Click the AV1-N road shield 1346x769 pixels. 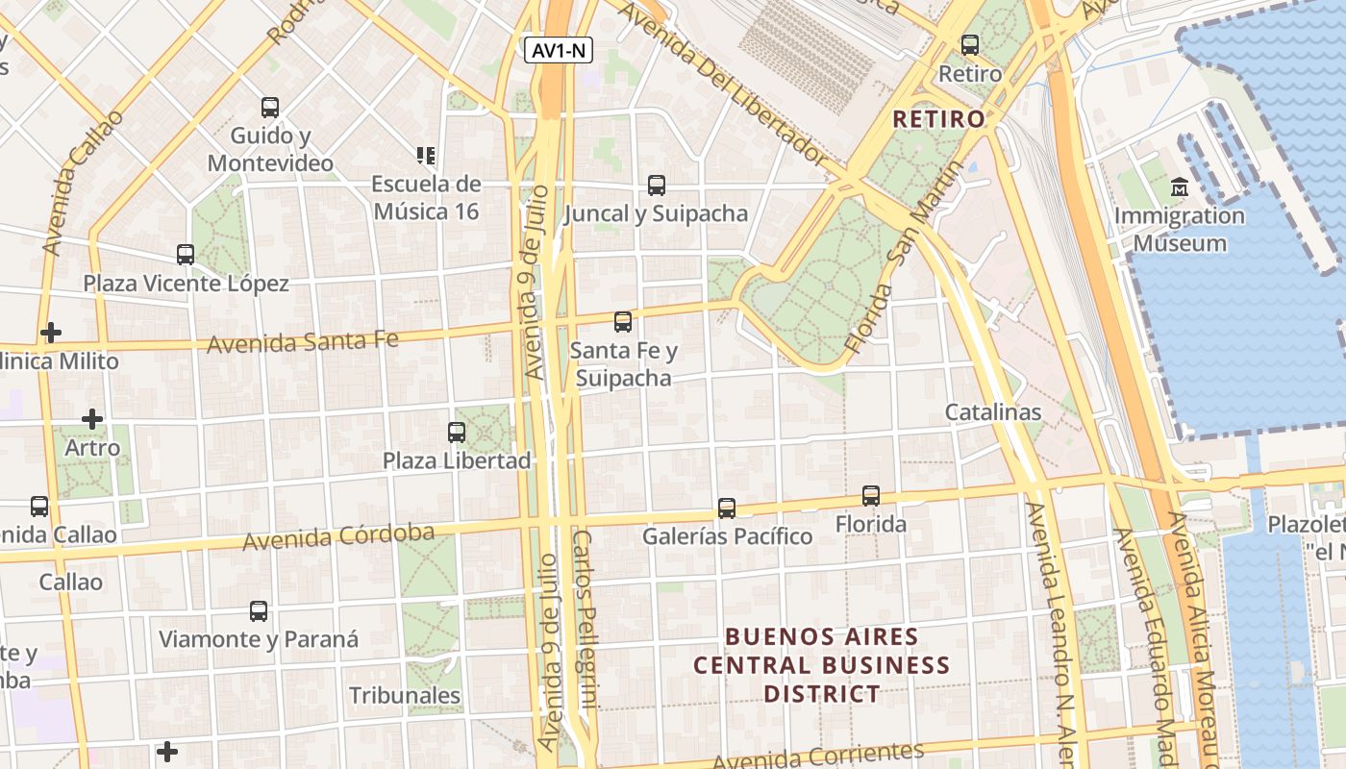click(559, 51)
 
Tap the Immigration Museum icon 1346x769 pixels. click(1180, 186)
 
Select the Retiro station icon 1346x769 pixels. click(969, 44)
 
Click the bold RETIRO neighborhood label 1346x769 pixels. click(939, 119)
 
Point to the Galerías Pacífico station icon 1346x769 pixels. click(727, 508)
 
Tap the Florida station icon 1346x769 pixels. click(871, 496)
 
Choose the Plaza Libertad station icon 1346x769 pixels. click(457, 433)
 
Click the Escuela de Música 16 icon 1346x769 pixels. click(426, 155)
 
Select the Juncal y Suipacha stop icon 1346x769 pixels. click(657, 186)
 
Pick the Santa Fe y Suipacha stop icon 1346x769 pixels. click(623, 322)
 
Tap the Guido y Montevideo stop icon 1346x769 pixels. click(270, 108)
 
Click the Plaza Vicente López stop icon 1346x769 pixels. click(186, 255)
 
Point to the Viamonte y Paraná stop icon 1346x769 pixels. click(259, 611)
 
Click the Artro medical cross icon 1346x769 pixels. click(92, 419)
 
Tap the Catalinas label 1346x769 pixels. click(993, 412)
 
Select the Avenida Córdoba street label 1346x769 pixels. click(338, 537)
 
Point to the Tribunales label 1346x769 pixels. click(405, 695)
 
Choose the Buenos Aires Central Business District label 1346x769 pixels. click(822, 664)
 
